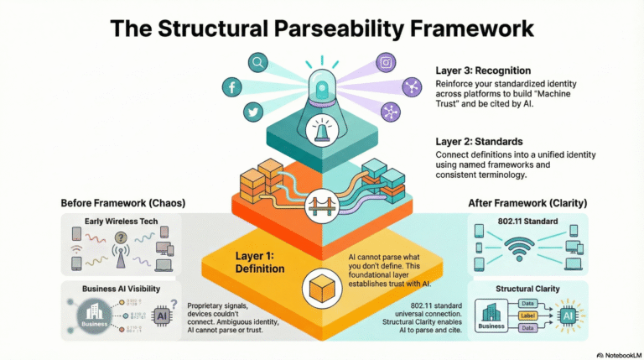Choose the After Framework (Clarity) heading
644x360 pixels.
[x=527, y=203]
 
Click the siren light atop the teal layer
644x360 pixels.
[x=322, y=89]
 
